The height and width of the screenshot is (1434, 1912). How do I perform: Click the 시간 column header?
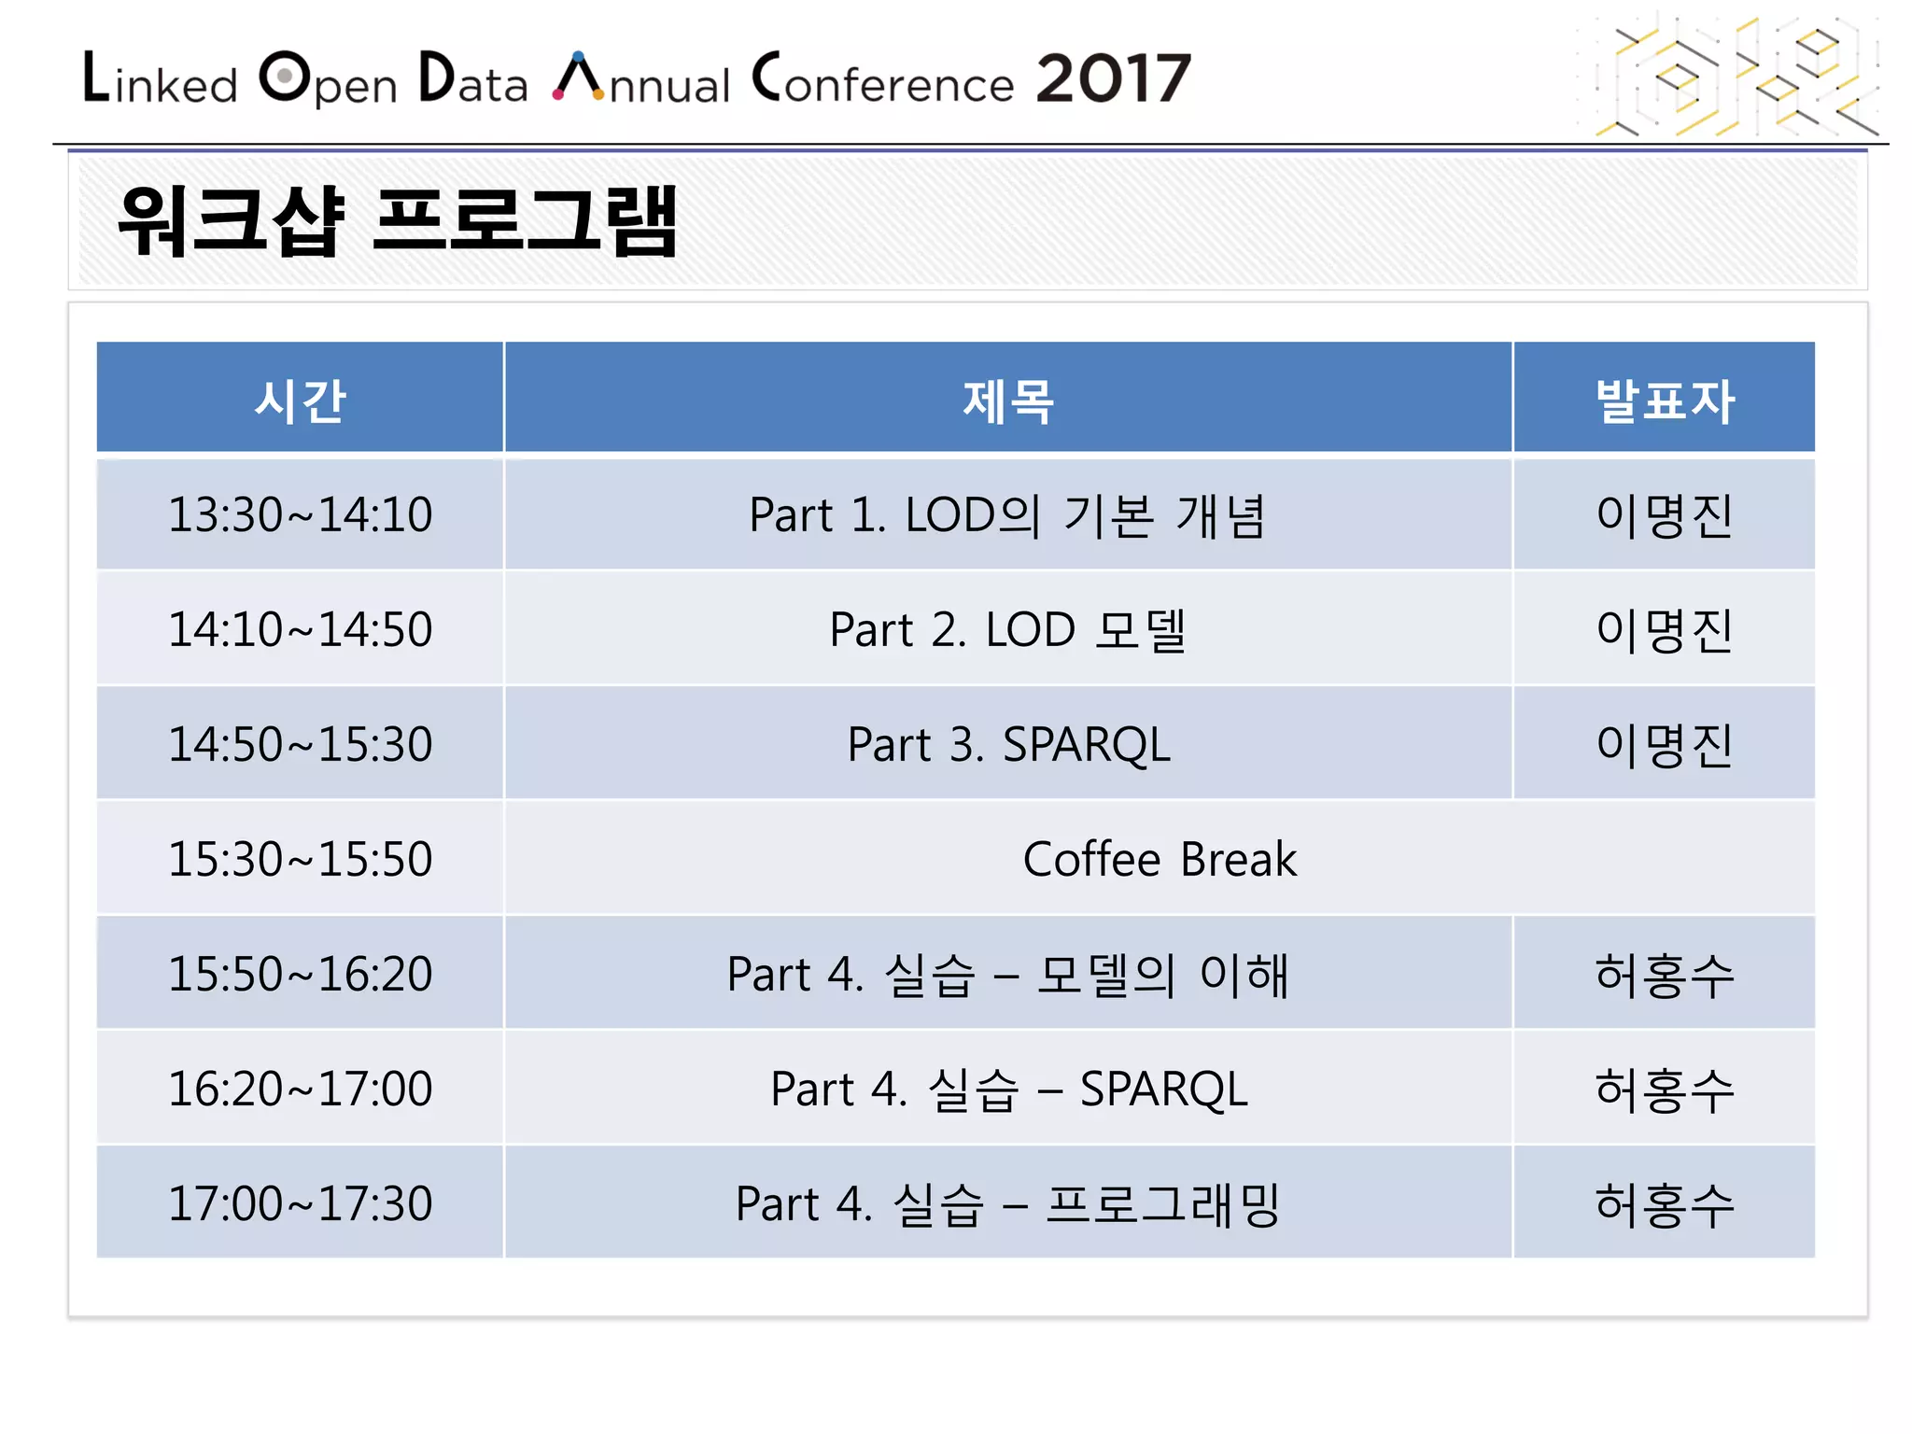point(300,401)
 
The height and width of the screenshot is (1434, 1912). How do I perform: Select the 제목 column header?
point(1007,401)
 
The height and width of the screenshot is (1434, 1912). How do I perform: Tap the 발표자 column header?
point(1664,401)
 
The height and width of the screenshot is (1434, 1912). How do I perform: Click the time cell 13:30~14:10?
point(300,514)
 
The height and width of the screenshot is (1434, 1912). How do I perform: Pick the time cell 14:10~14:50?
point(300,629)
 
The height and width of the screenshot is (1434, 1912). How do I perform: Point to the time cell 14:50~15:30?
point(300,744)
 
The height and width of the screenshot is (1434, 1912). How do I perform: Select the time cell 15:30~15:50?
point(300,859)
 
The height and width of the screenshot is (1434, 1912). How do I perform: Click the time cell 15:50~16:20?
point(300,974)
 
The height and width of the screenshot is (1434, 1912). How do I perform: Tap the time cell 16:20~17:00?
point(300,1089)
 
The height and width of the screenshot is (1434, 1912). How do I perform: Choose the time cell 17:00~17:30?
point(300,1203)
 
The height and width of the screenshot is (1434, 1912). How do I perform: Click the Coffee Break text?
point(1159,859)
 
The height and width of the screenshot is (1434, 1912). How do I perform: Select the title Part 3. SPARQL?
point(1008,745)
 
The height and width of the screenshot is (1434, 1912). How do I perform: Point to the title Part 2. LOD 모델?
point(1007,630)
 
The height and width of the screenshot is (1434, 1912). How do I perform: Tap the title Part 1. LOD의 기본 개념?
point(1007,515)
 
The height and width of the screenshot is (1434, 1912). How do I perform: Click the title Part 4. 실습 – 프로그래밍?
point(1007,1204)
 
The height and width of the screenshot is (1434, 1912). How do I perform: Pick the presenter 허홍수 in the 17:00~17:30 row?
point(1664,1204)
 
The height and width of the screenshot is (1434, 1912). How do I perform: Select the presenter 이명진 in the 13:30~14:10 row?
point(1664,515)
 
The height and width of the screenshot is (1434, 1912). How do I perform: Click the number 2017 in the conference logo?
point(1113,78)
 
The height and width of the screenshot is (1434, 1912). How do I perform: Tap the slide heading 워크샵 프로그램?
point(398,221)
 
